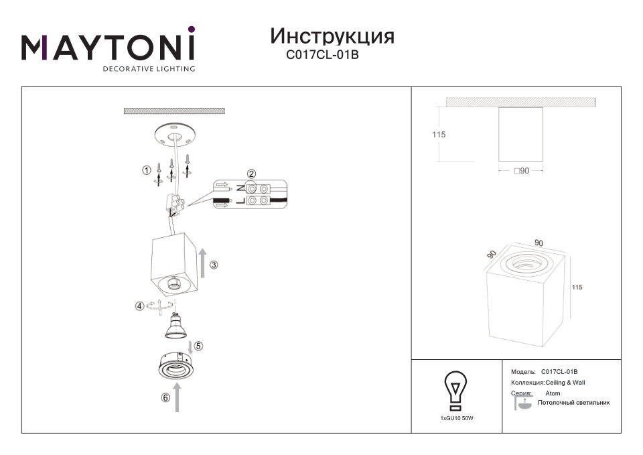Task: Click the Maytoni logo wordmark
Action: click(x=108, y=47)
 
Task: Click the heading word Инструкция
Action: click(x=332, y=36)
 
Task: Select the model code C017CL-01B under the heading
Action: click(x=322, y=56)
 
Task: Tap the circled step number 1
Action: click(x=146, y=170)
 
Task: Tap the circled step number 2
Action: click(x=251, y=174)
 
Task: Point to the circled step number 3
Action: click(x=214, y=265)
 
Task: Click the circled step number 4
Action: click(x=139, y=306)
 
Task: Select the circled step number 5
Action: click(x=198, y=346)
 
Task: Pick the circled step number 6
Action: click(x=165, y=397)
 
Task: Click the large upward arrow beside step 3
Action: click(x=202, y=262)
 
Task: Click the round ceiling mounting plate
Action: click(x=172, y=135)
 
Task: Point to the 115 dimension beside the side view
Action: click(x=438, y=134)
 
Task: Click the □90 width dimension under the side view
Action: click(x=521, y=171)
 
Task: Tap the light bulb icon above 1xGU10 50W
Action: click(x=456, y=389)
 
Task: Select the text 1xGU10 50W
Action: click(x=457, y=417)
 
